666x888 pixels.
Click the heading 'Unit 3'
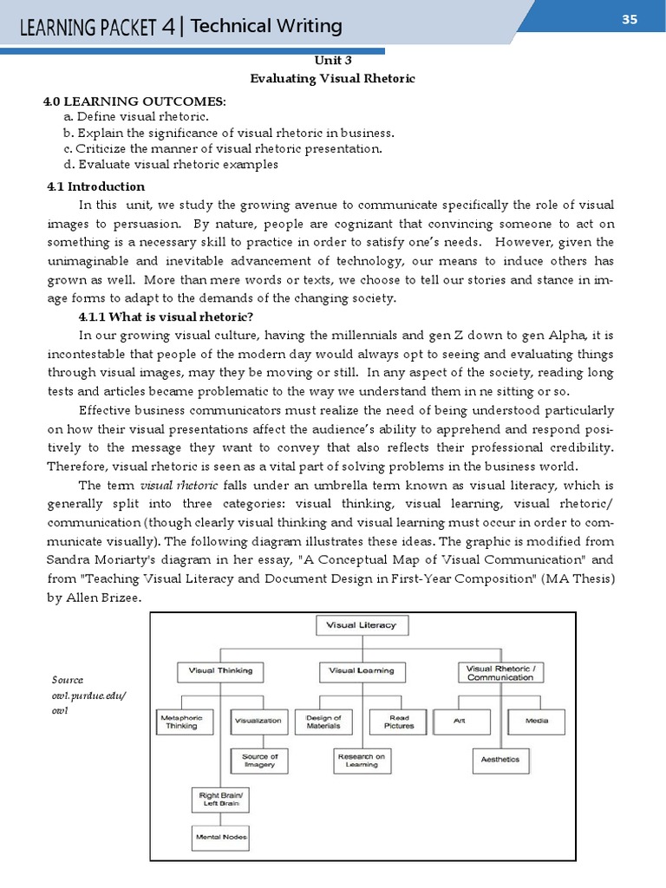333,61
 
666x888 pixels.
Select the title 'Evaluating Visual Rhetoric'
333,79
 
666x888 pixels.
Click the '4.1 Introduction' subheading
95,186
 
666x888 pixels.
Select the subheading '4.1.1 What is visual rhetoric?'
166,317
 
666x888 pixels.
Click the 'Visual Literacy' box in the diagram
361,624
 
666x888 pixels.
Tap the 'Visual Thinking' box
220,670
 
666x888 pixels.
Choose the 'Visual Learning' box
362,670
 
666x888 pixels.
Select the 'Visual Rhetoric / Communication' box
500,672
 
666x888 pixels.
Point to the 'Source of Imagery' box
260,761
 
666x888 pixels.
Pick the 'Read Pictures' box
399,722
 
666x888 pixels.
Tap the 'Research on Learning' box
362,761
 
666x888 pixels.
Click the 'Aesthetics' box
500,760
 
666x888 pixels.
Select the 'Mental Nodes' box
220,837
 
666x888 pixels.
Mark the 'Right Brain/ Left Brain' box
220,800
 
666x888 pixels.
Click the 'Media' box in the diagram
536,721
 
